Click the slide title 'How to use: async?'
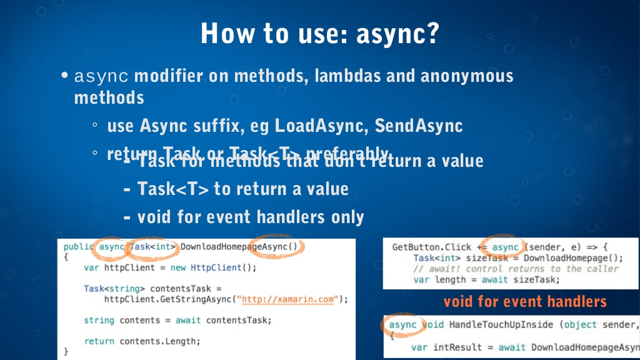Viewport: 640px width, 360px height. tap(319, 33)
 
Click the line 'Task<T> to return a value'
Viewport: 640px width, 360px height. tap(242, 188)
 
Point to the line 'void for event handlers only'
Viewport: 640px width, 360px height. tap(250, 217)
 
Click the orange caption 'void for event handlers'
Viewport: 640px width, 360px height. tap(525, 302)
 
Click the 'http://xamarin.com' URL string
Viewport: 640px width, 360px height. tap(287, 299)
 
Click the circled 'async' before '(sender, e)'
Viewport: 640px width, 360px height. tap(505, 247)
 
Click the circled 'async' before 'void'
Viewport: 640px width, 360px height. tap(402, 325)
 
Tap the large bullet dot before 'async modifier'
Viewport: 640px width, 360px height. tap(64, 76)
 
